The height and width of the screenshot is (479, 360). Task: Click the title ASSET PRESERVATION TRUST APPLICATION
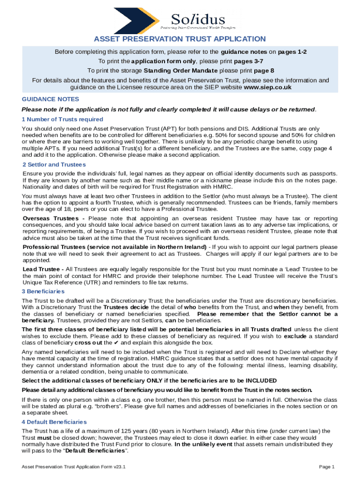click(x=180, y=39)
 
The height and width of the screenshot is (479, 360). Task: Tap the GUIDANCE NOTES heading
click(x=50, y=99)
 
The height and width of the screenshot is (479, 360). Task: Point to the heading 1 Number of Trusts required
click(x=59, y=119)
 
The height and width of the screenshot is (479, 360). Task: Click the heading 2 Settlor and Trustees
click(x=54, y=165)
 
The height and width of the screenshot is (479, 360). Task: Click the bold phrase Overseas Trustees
click(x=53, y=218)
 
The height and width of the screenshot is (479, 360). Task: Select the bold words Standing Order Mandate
click(x=180, y=71)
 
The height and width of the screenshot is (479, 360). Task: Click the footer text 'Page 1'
click(x=327, y=467)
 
